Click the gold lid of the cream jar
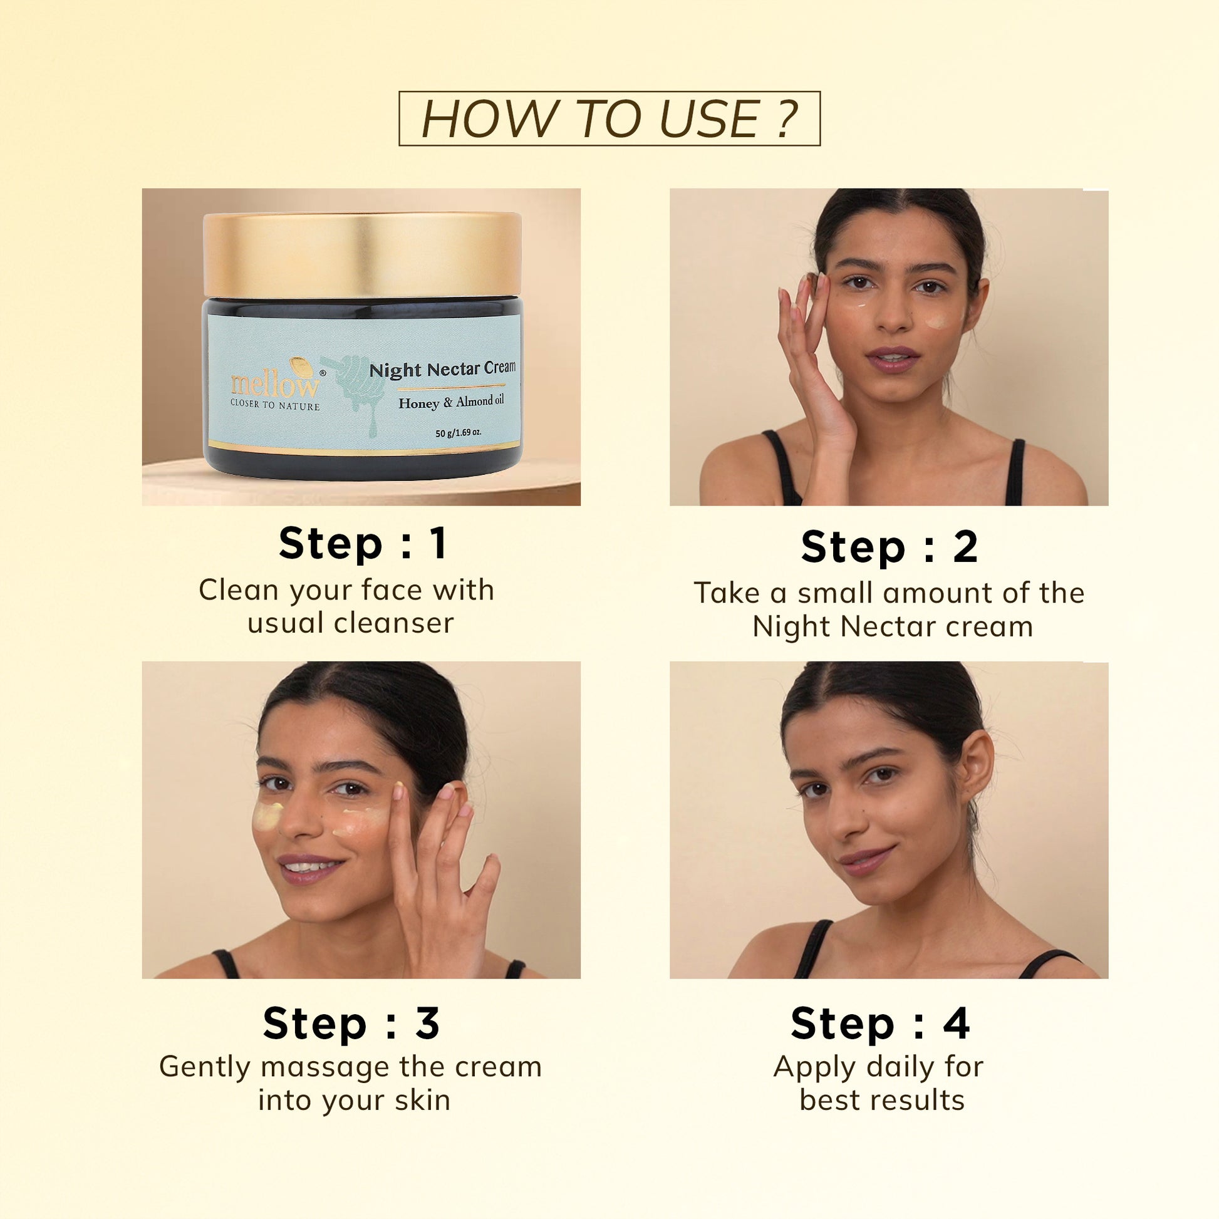point(361,254)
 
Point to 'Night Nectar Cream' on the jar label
point(442,368)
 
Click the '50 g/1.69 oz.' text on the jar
point(458,433)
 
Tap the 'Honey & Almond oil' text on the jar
point(451,402)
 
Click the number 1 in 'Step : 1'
point(439,543)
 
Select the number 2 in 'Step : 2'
point(965,546)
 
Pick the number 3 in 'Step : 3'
point(427,1023)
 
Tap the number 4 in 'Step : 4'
point(956,1023)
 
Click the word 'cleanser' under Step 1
point(394,623)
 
